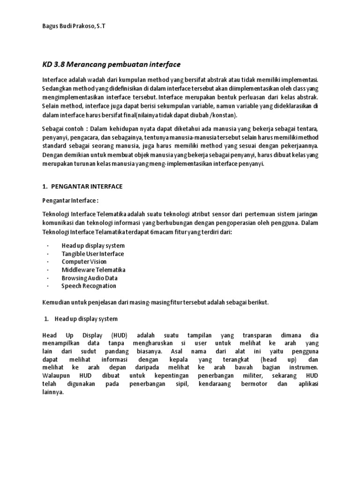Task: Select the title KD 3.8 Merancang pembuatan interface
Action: point(111,64)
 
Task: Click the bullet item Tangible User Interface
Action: point(92,254)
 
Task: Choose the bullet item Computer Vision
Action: point(84,262)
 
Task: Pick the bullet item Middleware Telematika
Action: point(93,270)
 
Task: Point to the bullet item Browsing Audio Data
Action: point(89,277)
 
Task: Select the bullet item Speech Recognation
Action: point(89,285)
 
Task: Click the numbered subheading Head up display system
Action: point(86,319)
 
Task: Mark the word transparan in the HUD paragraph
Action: point(256,335)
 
